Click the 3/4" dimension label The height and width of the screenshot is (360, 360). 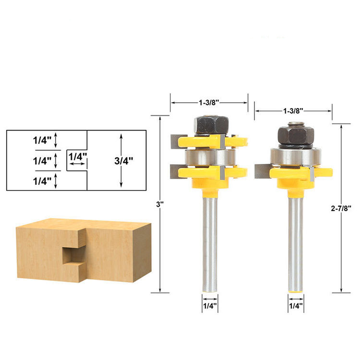pyautogui.click(x=124, y=161)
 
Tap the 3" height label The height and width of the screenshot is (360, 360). pyautogui.click(x=159, y=204)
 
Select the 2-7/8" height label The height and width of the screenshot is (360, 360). pyautogui.click(x=341, y=208)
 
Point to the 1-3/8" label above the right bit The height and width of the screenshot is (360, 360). pyautogui.click(x=293, y=111)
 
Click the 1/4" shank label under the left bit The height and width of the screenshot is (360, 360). pyautogui.click(x=210, y=306)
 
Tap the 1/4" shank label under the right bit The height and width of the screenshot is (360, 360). pyautogui.click(x=296, y=306)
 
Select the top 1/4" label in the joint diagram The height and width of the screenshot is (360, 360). pyautogui.click(x=42, y=140)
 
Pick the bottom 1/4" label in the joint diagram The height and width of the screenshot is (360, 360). pyautogui.click(x=42, y=181)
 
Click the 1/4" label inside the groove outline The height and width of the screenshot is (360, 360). pyautogui.click(x=78, y=157)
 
